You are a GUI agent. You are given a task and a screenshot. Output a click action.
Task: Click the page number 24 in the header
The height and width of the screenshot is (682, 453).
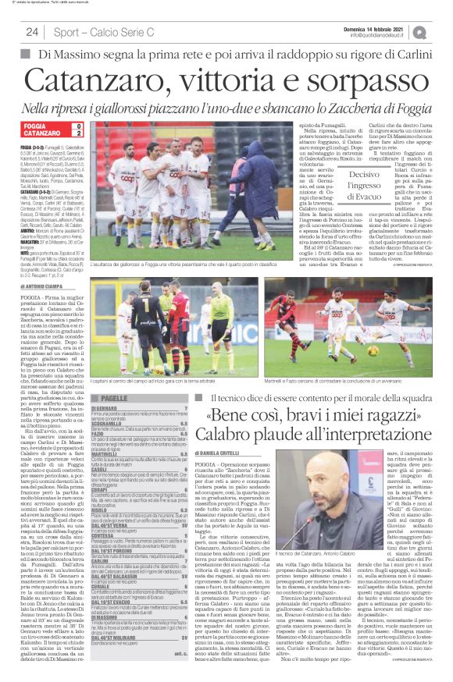pyautogui.click(x=32, y=32)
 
